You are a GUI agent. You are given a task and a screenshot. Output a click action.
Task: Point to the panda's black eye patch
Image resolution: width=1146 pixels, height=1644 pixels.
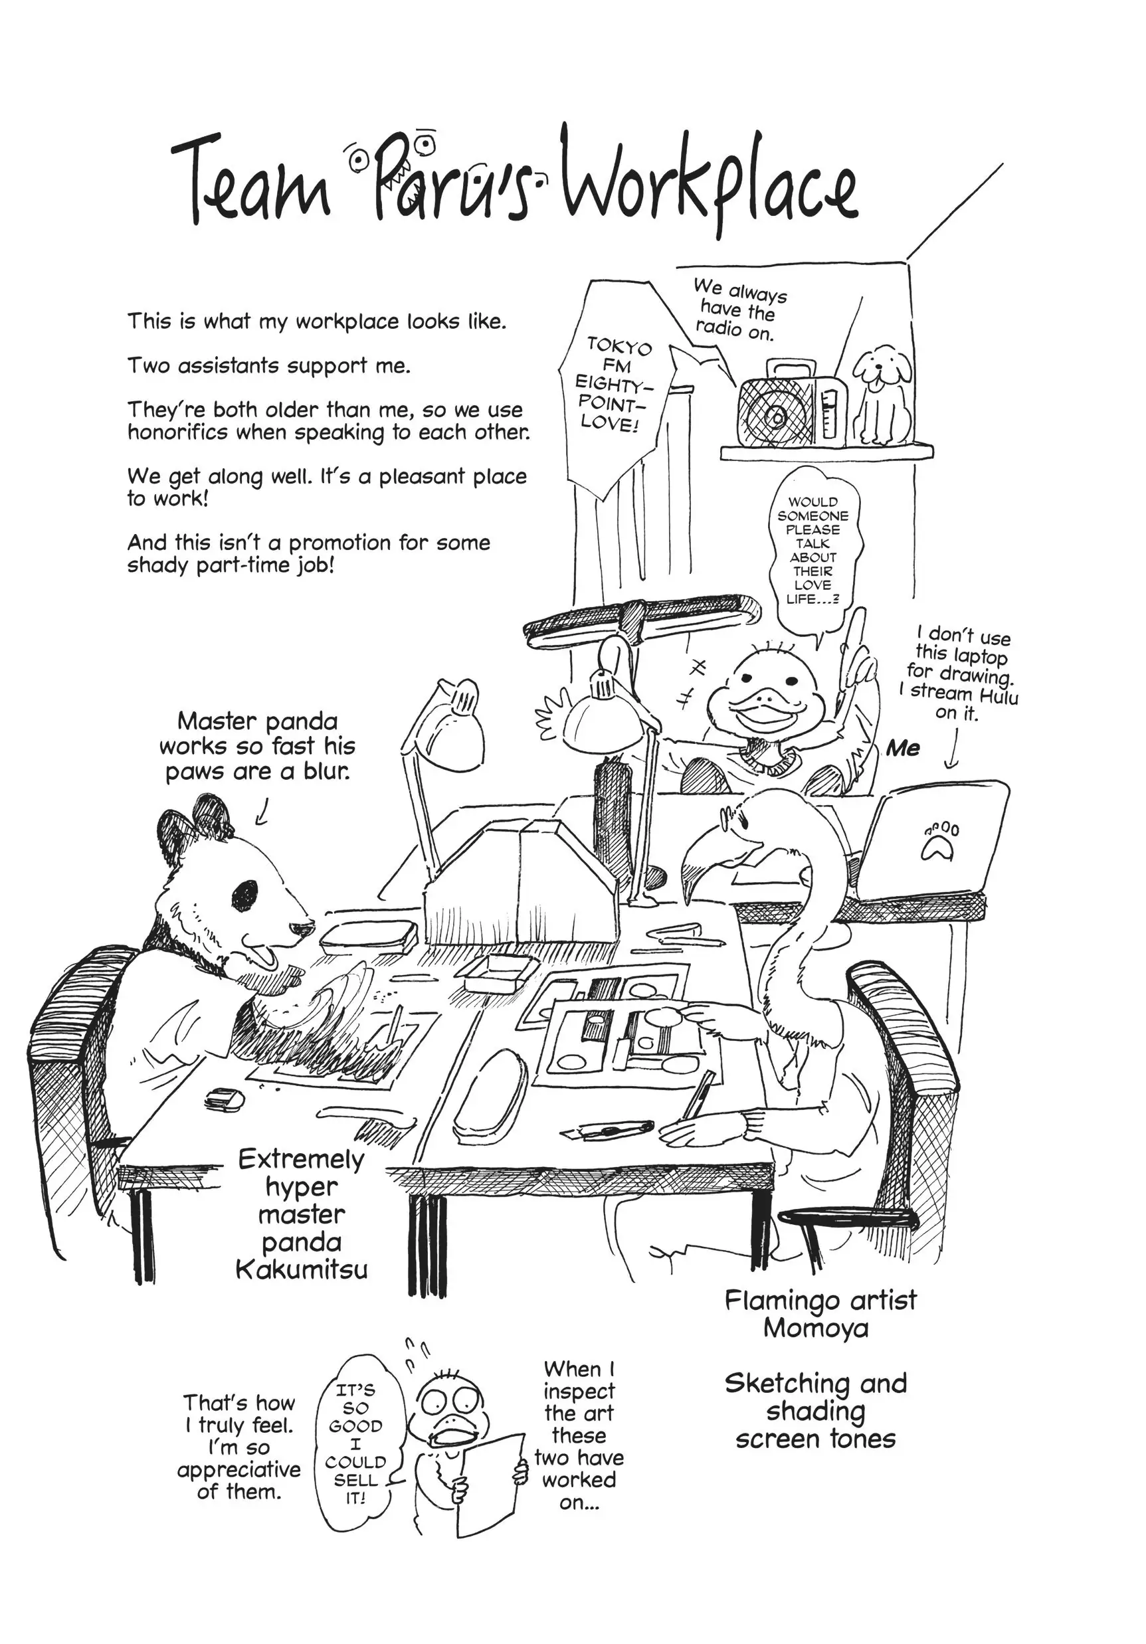click(x=246, y=892)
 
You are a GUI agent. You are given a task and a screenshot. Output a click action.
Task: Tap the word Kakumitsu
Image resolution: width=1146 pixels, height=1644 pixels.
click(x=302, y=1269)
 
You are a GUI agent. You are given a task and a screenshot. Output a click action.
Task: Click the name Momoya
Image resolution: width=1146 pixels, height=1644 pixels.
click(x=815, y=1328)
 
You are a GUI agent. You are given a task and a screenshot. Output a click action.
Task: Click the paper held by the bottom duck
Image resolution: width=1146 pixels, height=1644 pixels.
click(x=488, y=1482)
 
